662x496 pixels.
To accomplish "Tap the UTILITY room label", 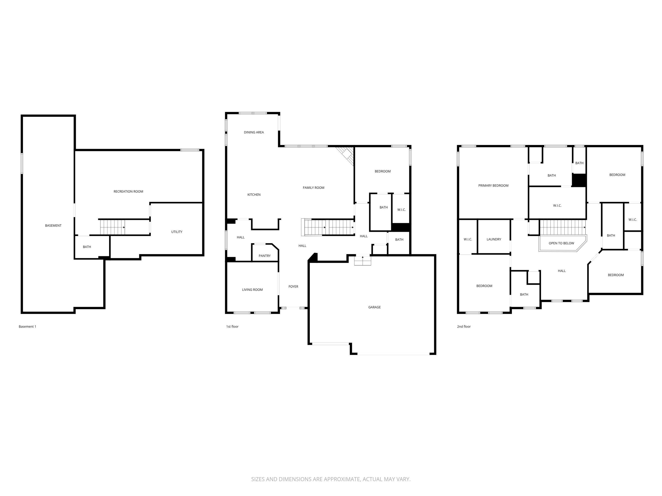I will coord(176,232).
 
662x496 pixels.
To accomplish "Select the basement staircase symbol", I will coord(112,227).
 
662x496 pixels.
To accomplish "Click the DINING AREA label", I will coord(254,132).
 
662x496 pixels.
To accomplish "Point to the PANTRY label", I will coord(265,256).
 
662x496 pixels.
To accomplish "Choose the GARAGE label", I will coord(374,307).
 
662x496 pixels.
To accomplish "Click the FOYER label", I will coord(293,286).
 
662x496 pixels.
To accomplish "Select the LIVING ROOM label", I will coord(252,289).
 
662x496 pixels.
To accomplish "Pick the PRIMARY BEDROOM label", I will coord(493,185).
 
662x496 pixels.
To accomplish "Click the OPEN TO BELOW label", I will coord(561,243).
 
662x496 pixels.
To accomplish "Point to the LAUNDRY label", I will coord(494,239).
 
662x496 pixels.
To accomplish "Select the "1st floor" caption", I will coord(232,327).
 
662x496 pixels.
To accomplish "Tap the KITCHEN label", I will coord(254,195).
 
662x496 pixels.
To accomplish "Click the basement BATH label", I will coord(87,247).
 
